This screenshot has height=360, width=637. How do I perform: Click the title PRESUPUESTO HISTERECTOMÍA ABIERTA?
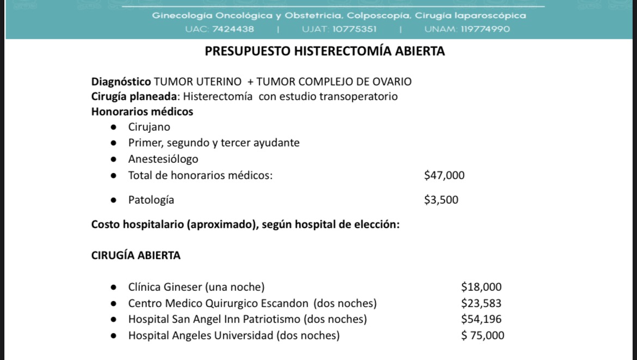(x=325, y=52)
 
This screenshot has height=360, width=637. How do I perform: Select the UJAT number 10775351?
(x=354, y=29)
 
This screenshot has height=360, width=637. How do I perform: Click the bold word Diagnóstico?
(x=121, y=82)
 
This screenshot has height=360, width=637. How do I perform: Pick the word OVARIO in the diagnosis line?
(x=391, y=82)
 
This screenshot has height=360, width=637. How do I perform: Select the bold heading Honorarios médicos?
(x=142, y=112)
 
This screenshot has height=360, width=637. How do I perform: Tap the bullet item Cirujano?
(x=149, y=127)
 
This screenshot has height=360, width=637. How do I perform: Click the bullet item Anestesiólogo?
(x=163, y=159)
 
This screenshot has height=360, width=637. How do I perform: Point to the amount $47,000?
(x=444, y=175)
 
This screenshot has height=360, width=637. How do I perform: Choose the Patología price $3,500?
(x=441, y=200)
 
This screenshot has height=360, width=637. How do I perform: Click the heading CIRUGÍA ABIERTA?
(x=136, y=255)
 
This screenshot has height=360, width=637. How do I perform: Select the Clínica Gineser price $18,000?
(x=481, y=287)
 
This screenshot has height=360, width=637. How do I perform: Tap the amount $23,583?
(x=481, y=303)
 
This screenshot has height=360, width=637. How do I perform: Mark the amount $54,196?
(x=481, y=319)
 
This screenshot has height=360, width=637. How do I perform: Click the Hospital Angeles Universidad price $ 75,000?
(x=482, y=335)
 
